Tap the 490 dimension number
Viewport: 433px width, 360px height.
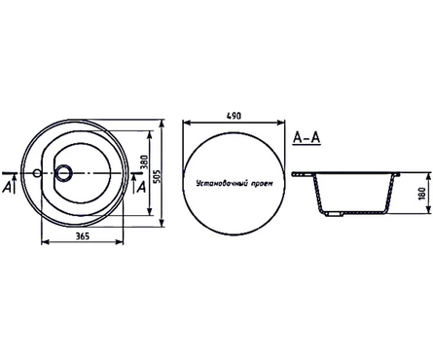233,115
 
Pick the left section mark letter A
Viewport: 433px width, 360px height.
9,186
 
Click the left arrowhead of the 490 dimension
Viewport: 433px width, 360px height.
186,122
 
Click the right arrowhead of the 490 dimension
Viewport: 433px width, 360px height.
279,122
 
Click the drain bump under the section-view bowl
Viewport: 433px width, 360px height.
334,212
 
